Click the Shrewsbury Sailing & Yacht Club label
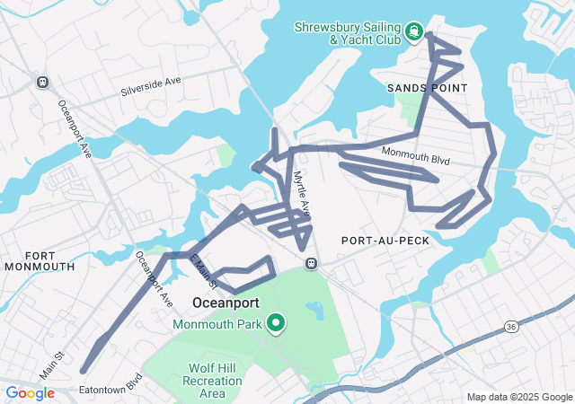[349, 33]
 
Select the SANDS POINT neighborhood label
[428, 88]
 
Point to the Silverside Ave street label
[152, 87]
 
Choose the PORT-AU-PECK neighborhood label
[385, 241]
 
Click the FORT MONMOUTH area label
[37, 260]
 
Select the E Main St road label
[203, 272]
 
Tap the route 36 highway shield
[510, 325]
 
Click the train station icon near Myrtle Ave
[311, 264]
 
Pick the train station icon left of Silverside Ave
[42, 82]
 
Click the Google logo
[31, 393]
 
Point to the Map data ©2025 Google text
[518, 397]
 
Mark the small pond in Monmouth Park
[314, 311]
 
